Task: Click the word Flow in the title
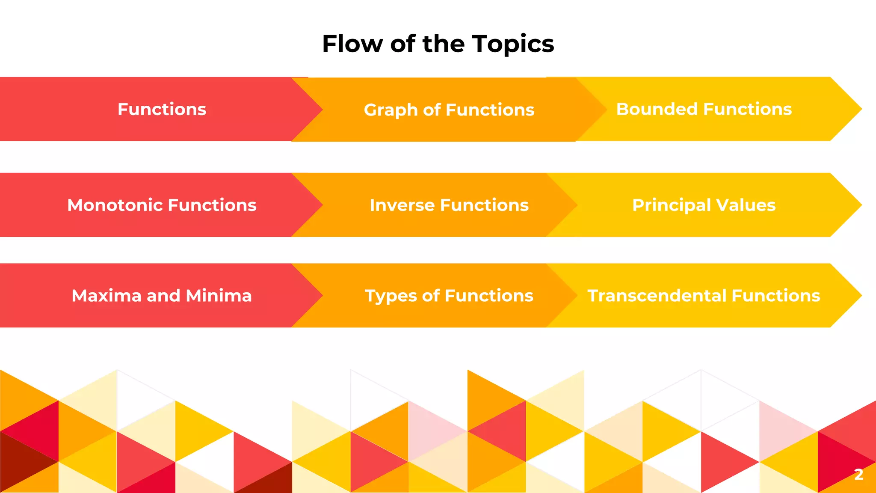352,44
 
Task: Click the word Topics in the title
513,44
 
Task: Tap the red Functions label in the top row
162,109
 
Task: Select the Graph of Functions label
449,110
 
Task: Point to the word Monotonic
114,205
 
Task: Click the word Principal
671,205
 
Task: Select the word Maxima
106,296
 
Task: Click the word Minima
219,296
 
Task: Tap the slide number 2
858,474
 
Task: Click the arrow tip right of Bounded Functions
851,109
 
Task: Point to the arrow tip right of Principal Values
851,205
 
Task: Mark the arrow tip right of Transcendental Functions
851,296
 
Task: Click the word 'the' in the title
443,44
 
